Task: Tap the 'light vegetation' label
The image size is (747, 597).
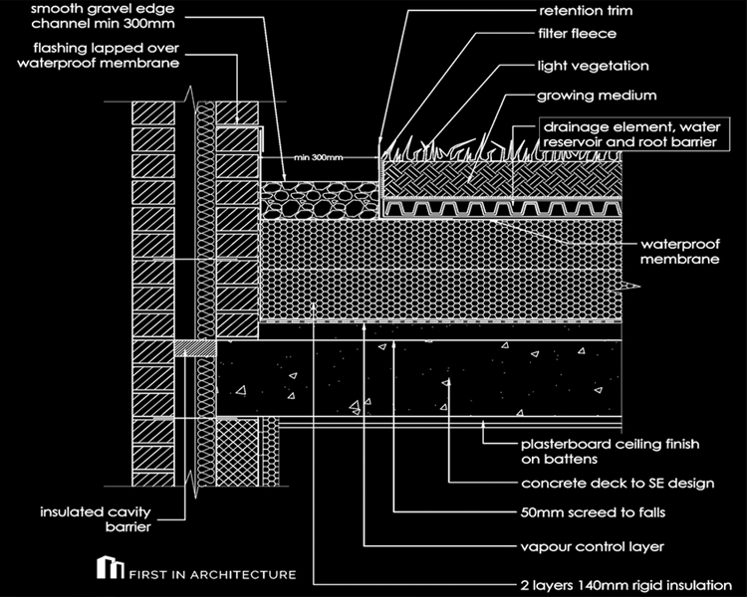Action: point(592,67)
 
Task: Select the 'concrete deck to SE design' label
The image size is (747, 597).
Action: point(619,484)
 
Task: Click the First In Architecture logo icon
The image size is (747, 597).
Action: point(106,571)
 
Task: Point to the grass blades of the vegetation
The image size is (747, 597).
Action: point(448,151)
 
